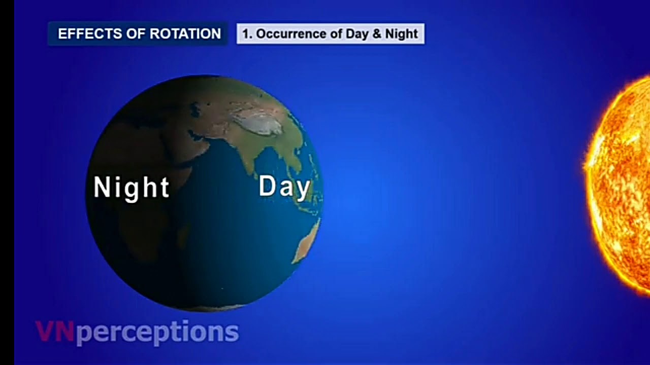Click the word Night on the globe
(x=132, y=188)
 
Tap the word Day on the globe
(x=284, y=187)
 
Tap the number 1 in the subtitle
(x=245, y=34)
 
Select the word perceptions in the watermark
(x=157, y=333)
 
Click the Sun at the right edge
(x=622, y=182)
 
